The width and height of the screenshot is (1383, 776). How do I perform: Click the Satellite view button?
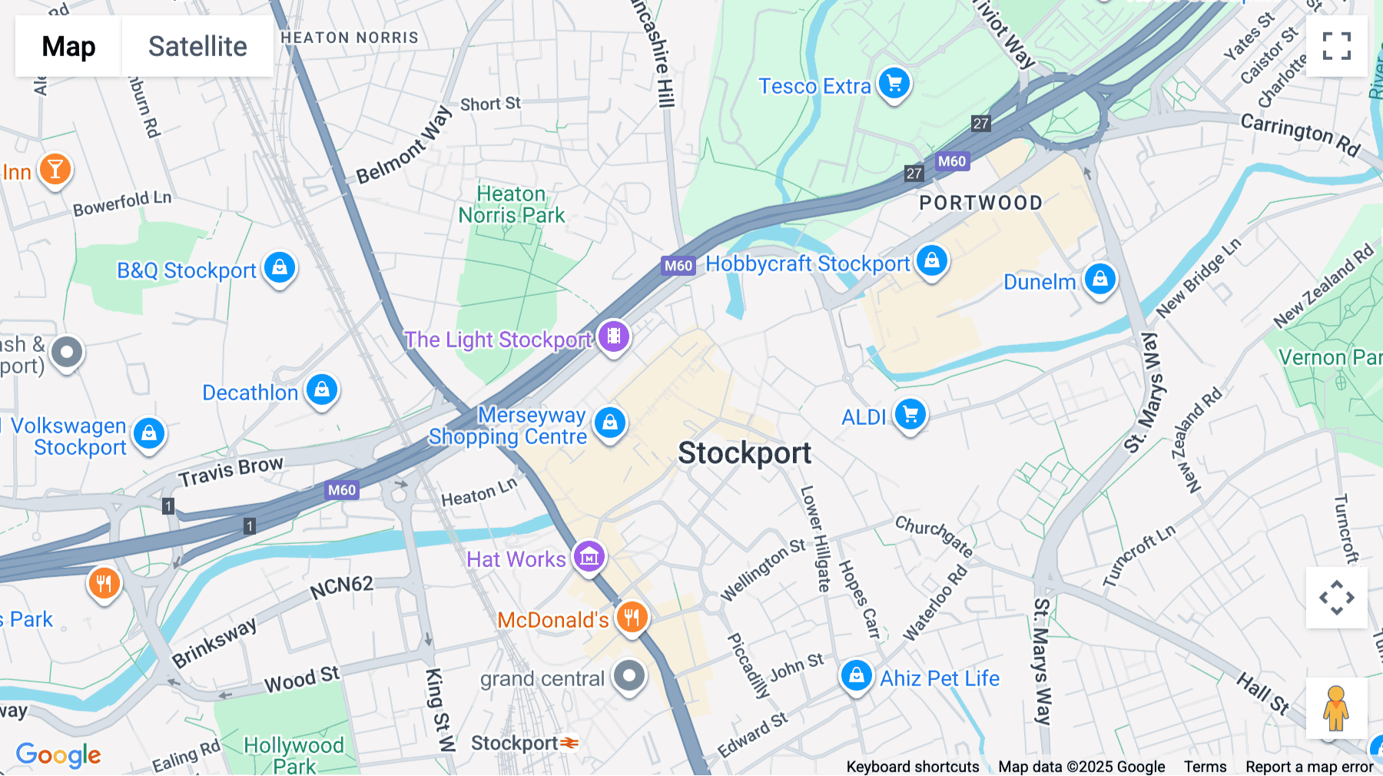(197, 46)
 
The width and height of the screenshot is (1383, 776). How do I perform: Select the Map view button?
(68, 46)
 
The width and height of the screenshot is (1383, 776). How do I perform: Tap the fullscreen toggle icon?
(1336, 46)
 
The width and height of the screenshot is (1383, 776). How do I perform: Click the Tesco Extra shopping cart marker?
(894, 83)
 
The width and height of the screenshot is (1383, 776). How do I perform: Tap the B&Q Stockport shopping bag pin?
(280, 267)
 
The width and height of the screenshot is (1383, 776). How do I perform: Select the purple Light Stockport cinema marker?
(613, 337)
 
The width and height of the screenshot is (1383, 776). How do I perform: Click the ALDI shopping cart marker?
(910, 415)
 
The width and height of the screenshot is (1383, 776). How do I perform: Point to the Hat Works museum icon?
(589, 557)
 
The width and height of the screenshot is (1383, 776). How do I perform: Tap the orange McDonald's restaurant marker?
(632, 617)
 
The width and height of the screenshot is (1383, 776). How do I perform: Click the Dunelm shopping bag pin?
(1099, 279)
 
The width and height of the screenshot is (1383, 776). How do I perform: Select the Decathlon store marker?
(322, 390)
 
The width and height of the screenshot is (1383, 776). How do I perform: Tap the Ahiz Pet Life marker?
(856, 676)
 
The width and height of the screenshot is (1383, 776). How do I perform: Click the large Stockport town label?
(744, 453)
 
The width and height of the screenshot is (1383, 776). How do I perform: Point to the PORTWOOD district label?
(980, 203)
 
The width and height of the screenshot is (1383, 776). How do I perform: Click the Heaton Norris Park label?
(511, 204)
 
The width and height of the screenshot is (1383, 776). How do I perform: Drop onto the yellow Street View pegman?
(1336, 708)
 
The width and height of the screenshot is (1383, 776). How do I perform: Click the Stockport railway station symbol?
(569, 743)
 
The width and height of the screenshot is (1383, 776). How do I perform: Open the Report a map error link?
(1309, 767)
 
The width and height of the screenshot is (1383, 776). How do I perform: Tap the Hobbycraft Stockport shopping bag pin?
(932, 261)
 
